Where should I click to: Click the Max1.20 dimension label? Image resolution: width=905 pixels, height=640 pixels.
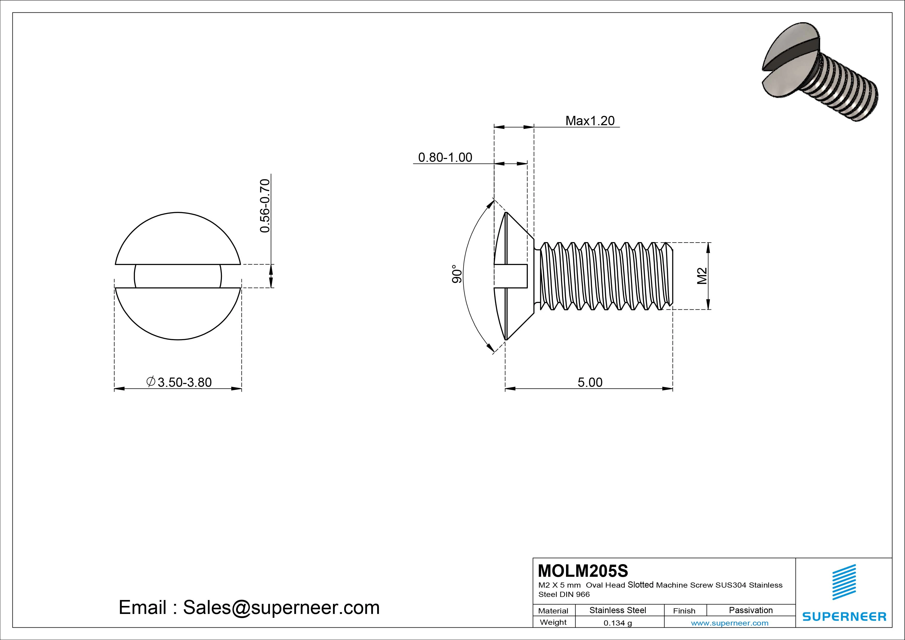click(x=590, y=121)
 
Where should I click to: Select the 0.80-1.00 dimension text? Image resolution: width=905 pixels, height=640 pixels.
click(x=445, y=157)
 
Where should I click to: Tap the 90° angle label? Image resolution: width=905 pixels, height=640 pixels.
click(x=456, y=274)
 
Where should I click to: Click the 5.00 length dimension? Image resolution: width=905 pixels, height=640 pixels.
click(x=590, y=382)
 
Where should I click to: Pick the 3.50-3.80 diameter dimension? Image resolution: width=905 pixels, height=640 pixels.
click(x=179, y=382)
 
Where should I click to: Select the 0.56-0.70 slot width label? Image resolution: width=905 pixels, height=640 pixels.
click(x=265, y=206)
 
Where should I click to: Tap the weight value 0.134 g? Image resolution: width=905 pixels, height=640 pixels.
click(x=618, y=623)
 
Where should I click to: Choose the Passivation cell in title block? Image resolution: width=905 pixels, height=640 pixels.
click(x=750, y=610)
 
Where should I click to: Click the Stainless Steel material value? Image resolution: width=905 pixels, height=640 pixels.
click(x=618, y=610)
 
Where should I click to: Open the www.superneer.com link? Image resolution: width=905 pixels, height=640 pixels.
click(x=730, y=623)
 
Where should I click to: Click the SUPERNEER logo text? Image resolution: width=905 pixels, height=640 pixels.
click(x=844, y=616)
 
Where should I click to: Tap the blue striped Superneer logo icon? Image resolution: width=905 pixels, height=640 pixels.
click(x=844, y=582)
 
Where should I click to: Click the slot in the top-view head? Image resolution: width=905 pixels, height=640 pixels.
click(x=178, y=276)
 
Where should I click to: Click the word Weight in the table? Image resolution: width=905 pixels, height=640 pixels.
click(x=553, y=622)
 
